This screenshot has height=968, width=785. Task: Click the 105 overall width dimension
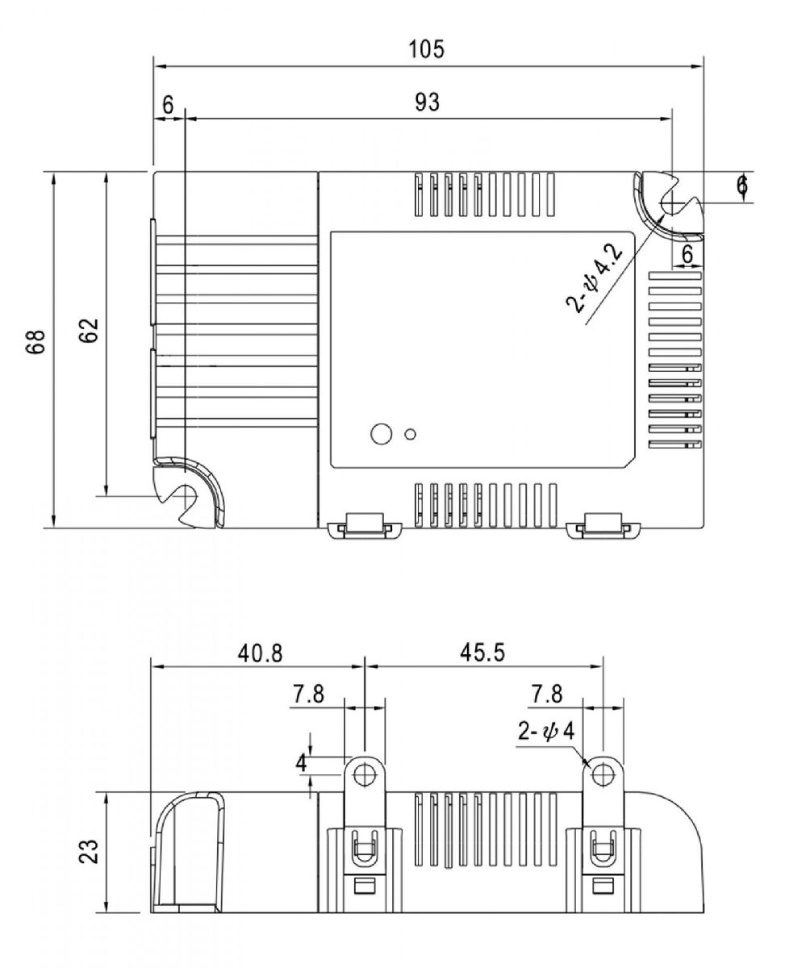pos(426,49)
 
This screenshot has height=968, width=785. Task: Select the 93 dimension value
pos(428,102)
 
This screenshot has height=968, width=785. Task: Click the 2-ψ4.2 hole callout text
pos(595,279)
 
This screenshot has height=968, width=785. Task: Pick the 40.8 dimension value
pos(260,652)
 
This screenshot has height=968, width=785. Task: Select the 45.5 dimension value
pos(482,652)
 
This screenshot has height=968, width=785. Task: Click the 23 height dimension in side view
pos(90,851)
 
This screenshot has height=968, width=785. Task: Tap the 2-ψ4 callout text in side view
pos(546,733)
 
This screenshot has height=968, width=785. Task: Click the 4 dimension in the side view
pos(300,762)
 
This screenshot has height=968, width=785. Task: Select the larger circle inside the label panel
pos(379,433)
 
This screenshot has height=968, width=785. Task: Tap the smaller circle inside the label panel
pos(411,434)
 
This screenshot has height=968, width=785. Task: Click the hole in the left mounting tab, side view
pos(365,774)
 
